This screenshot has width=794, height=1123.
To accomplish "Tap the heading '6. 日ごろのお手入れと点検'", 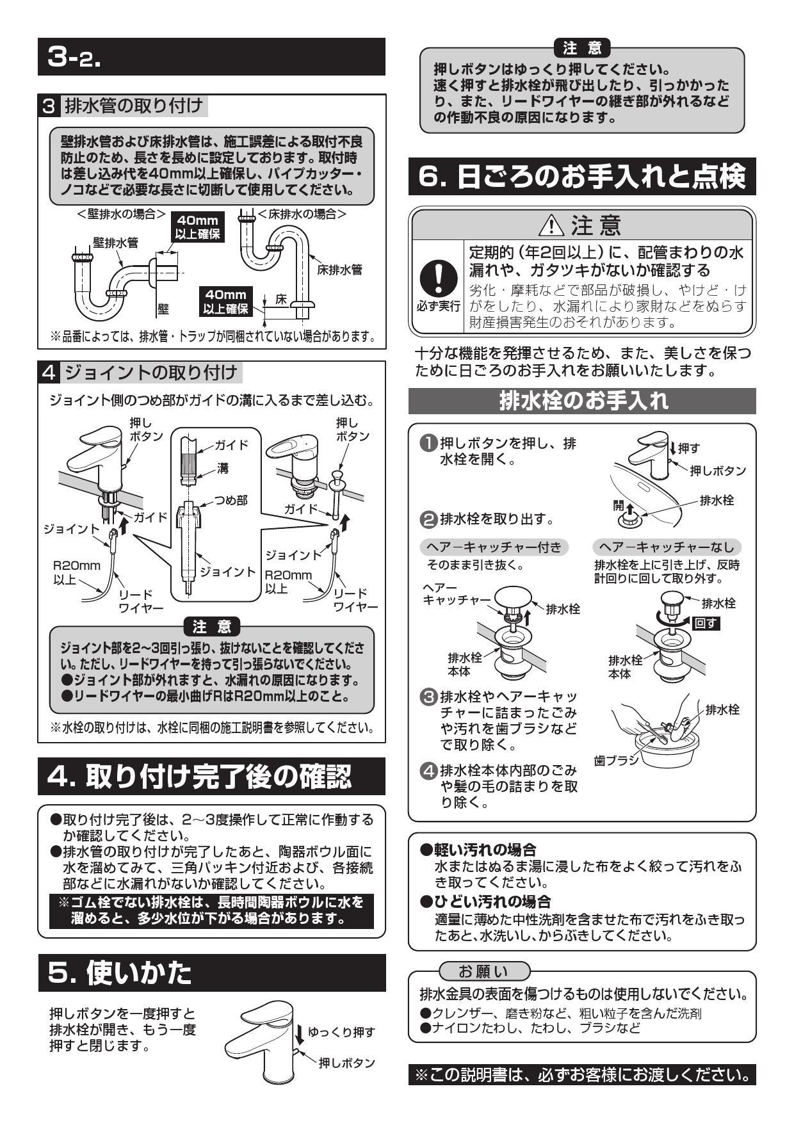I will click(x=582, y=177).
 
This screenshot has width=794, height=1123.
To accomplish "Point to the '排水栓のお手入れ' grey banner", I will click(x=582, y=401).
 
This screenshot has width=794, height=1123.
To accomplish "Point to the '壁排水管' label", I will click(x=115, y=243).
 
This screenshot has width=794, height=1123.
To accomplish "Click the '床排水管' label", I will click(x=339, y=270).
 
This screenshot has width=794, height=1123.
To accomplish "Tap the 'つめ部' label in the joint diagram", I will click(x=231, y=500).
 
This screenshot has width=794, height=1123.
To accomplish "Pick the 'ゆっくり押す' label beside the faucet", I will click(x=341, y=1032).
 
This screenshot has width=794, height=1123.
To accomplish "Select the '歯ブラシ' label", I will click(x=616, y=760).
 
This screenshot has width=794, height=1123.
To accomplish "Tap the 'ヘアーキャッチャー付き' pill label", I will click(x=494, y=547).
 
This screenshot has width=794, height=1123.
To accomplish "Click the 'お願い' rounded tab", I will click(x=483, y=971).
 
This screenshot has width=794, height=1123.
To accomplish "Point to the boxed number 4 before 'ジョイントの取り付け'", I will click(x=51, y=372).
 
